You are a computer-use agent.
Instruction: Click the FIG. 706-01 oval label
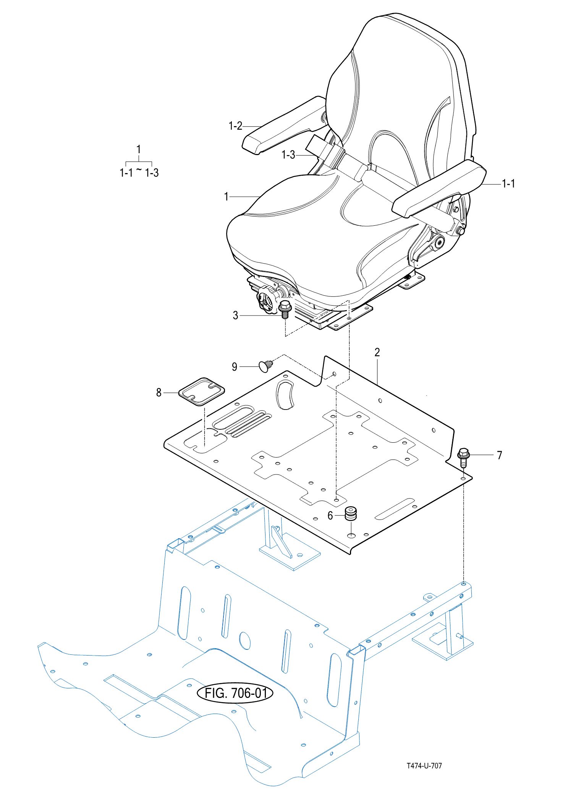(x=235, y=693)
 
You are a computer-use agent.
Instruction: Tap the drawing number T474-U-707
(x=424, y=766)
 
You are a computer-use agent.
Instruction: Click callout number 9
(x=235, y=367)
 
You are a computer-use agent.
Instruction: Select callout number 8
(x=159, y=392)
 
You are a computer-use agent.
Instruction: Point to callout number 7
(x=499, y=455)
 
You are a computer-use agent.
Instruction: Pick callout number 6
(x=330, y=516)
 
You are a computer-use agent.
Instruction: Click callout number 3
(x=235, y=316)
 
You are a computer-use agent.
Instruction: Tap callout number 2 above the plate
(x=377, y=352)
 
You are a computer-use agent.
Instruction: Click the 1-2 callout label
(x=235, y=126)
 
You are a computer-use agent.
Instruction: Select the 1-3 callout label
(x=288, y=155)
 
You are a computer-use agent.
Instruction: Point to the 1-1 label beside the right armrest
(x=508, y=184)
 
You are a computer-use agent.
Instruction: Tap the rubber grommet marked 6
(x=351, y=513)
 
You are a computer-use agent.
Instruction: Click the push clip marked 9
(x=266, y=366)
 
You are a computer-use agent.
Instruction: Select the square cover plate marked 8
(x=202, y=392)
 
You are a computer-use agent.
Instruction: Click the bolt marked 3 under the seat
(x=285, y=309)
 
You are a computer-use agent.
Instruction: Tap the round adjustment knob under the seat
(x=268, y=299)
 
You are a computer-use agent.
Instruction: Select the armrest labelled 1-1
(x=439, y=188)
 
